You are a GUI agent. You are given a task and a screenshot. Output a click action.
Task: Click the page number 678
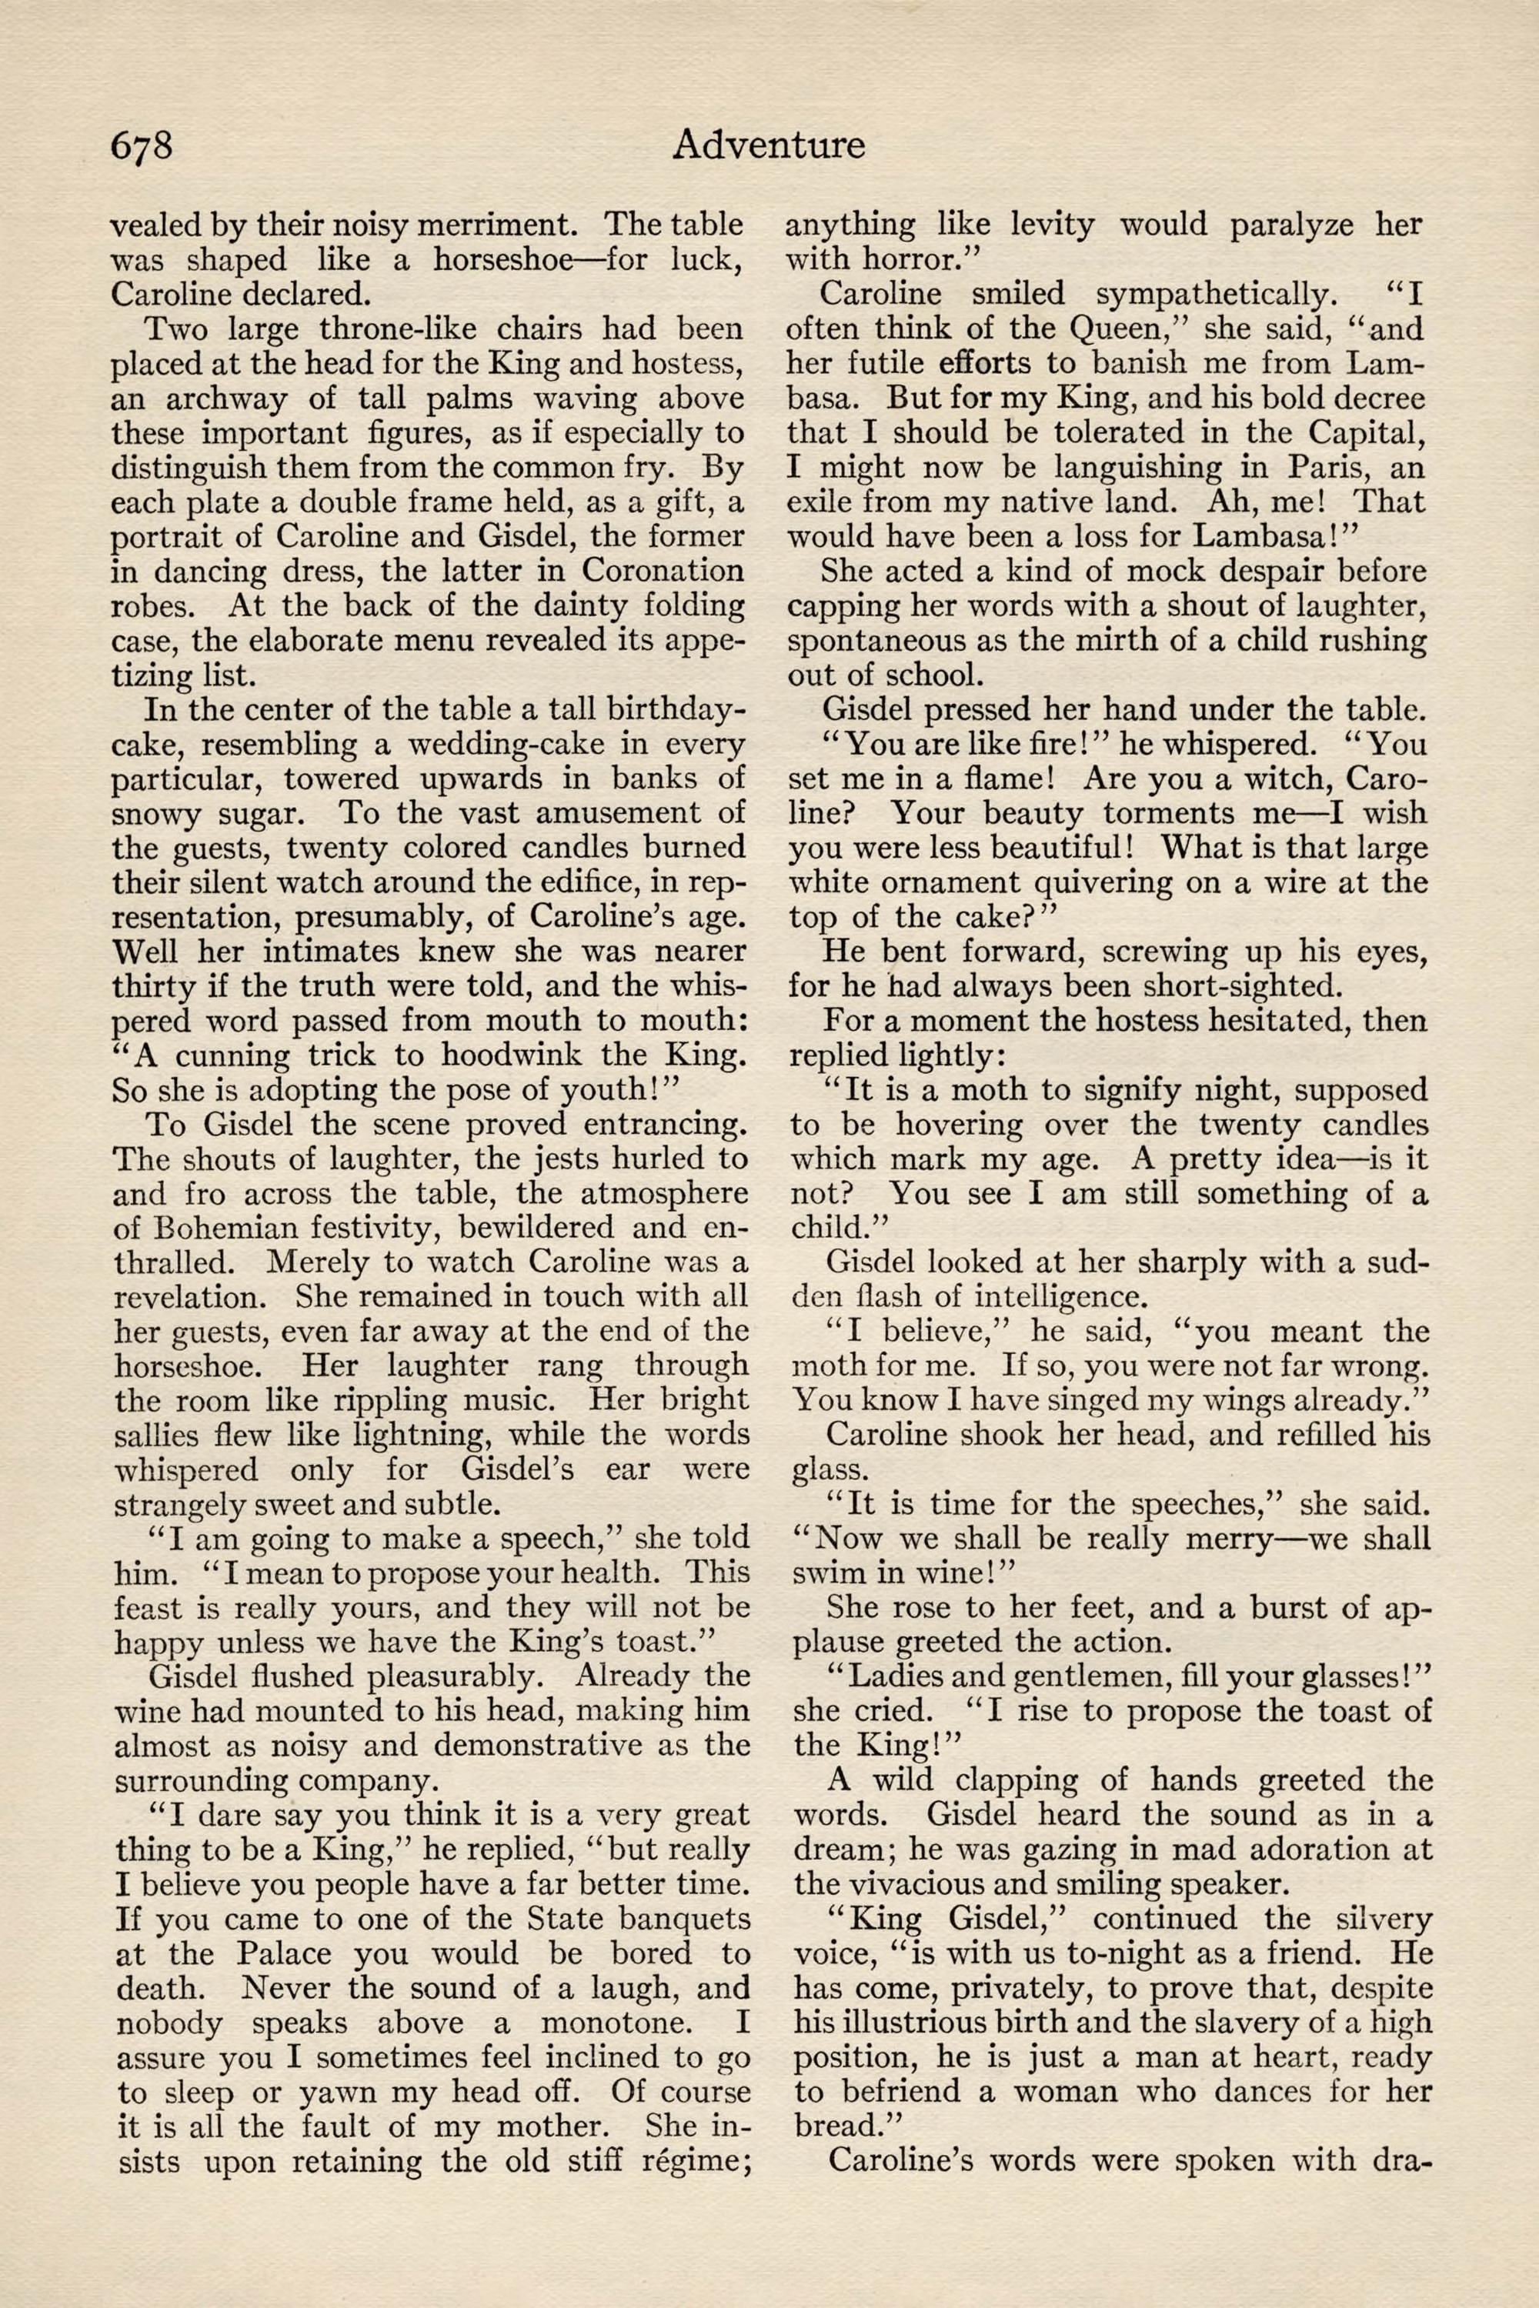coord(142,145)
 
